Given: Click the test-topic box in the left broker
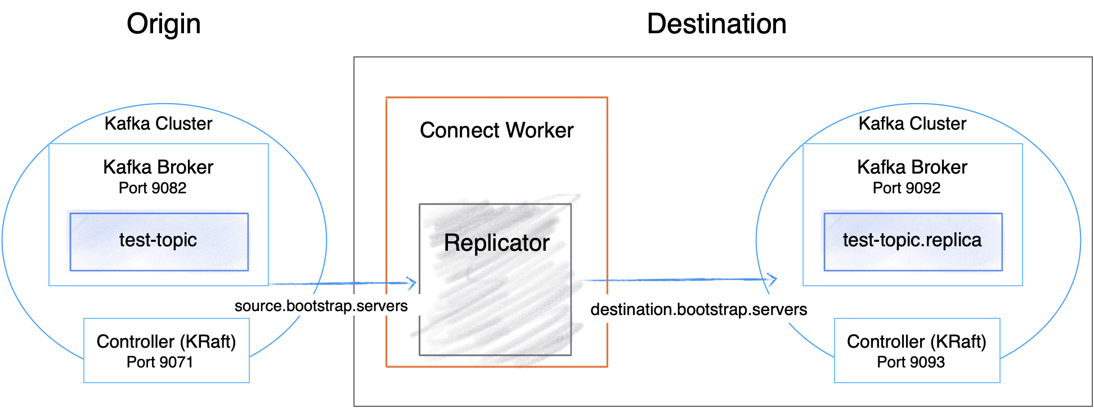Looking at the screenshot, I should click(159, 241).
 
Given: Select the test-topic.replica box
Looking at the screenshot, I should click(912, 241).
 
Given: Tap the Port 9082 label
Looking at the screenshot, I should click(153, 188).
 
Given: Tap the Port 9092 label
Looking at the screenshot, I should click(906, 188).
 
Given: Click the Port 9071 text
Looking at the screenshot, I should click(160, 362).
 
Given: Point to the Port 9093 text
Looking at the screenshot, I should click(911, 362).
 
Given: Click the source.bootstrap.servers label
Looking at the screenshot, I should click(321, 306).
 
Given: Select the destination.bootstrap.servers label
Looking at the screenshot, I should click(698, 309).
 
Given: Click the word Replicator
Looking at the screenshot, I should click(495, 243).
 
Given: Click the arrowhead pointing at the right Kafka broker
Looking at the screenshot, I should click(773, 279).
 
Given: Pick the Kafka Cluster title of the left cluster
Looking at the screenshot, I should click(158, 123).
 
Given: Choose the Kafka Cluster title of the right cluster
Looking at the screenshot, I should click(912, 123).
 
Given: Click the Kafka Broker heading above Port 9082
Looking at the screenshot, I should click(158, 167).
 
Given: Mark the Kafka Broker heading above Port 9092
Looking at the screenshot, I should click(912, 167).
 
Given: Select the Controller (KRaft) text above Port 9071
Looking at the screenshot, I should click(166, 342).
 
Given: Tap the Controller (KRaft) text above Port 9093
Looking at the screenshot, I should click(916, 342).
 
